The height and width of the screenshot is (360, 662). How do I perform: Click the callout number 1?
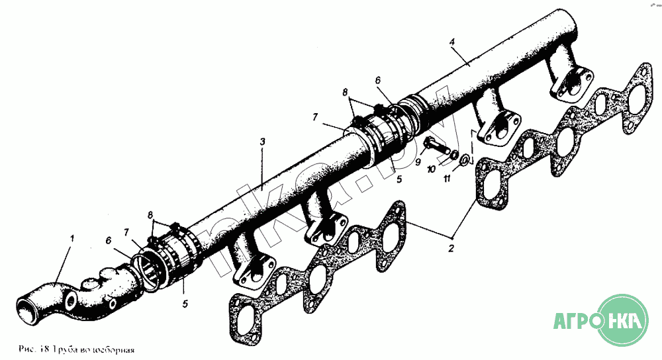72,237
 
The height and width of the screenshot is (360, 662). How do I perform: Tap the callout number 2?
451,249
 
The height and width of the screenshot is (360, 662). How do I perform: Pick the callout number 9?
418,161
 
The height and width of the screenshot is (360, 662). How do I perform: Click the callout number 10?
431,169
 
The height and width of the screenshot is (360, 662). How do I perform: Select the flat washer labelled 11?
464,159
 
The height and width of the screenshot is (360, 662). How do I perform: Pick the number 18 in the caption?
44,348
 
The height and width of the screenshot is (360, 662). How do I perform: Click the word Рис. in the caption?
28,348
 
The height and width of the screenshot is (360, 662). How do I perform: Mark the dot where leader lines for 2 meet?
452,236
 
